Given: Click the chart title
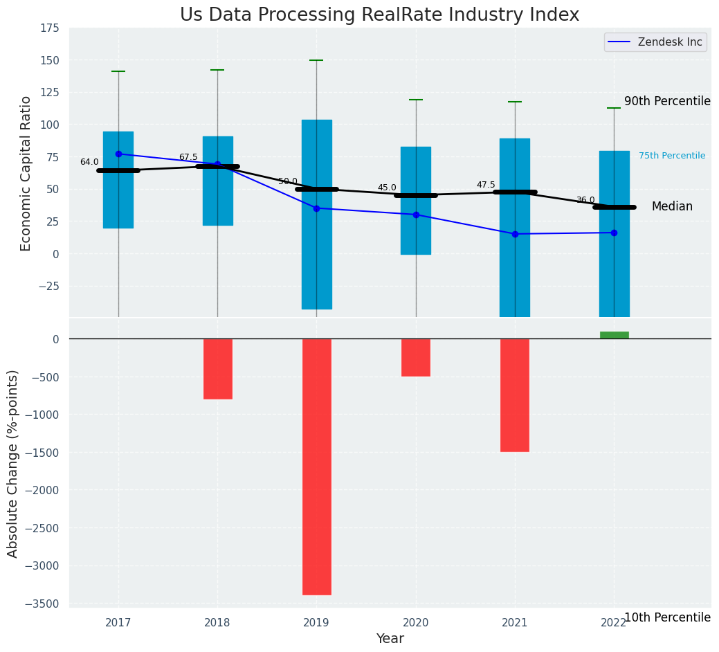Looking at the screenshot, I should (379, 15).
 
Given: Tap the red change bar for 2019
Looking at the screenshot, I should (316, 467).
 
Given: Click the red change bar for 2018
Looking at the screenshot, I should (217, 369).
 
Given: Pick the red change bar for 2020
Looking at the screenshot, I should (416, 357).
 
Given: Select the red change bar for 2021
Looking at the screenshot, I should (515, 395).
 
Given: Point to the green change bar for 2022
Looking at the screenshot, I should (614, 335).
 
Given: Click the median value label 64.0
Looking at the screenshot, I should (89, 162).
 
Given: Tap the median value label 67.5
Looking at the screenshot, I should (188, 157).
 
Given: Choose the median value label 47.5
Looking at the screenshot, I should (486, 185).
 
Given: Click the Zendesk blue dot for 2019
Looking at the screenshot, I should (316, 208).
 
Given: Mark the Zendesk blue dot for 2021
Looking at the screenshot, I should (515, 234).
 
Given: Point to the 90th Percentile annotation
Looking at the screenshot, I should (667, 101).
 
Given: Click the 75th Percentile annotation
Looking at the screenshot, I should (672, 156).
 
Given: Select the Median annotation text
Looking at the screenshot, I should (672, 207).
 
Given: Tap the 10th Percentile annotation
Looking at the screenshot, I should (667, 617).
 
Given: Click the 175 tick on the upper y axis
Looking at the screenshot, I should (48, 28).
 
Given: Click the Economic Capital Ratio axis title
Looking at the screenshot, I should (26, 173).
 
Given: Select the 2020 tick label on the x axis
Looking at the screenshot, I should (416, 623).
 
